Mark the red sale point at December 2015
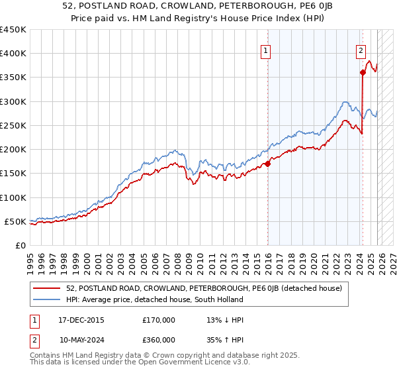268,164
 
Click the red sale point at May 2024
363,73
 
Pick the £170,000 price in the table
159,320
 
